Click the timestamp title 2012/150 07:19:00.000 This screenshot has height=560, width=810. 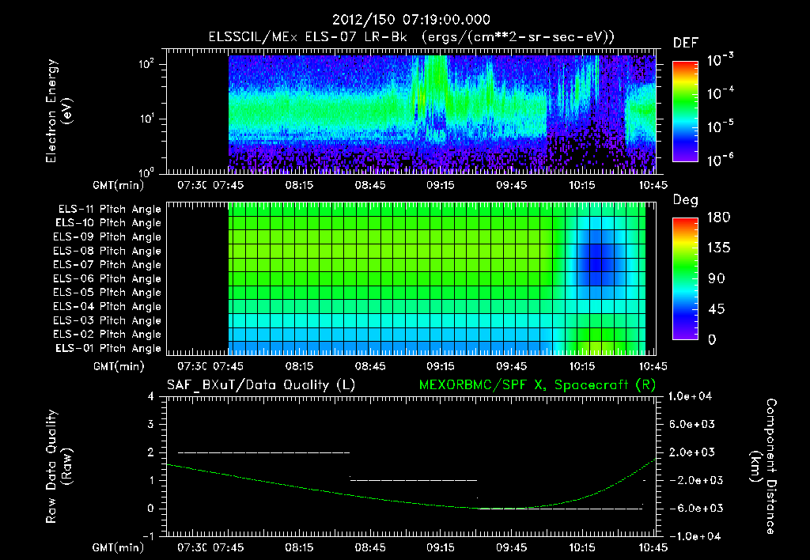(x=404, y=20)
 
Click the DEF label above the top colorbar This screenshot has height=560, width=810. (x=685, y=43)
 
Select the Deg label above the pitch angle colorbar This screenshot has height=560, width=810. (x=685, y=200)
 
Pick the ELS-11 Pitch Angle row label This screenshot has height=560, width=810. (x=109, y=210)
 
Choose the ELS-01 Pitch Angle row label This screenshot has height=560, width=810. (x=109, y=349)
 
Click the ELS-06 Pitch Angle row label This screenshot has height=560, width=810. (x=109, y=279)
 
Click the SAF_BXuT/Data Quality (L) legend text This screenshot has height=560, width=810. (x=260, y=384)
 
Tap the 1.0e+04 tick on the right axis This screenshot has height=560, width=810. (x=691, y=396)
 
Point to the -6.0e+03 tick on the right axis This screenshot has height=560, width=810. (x=691, y=508)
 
